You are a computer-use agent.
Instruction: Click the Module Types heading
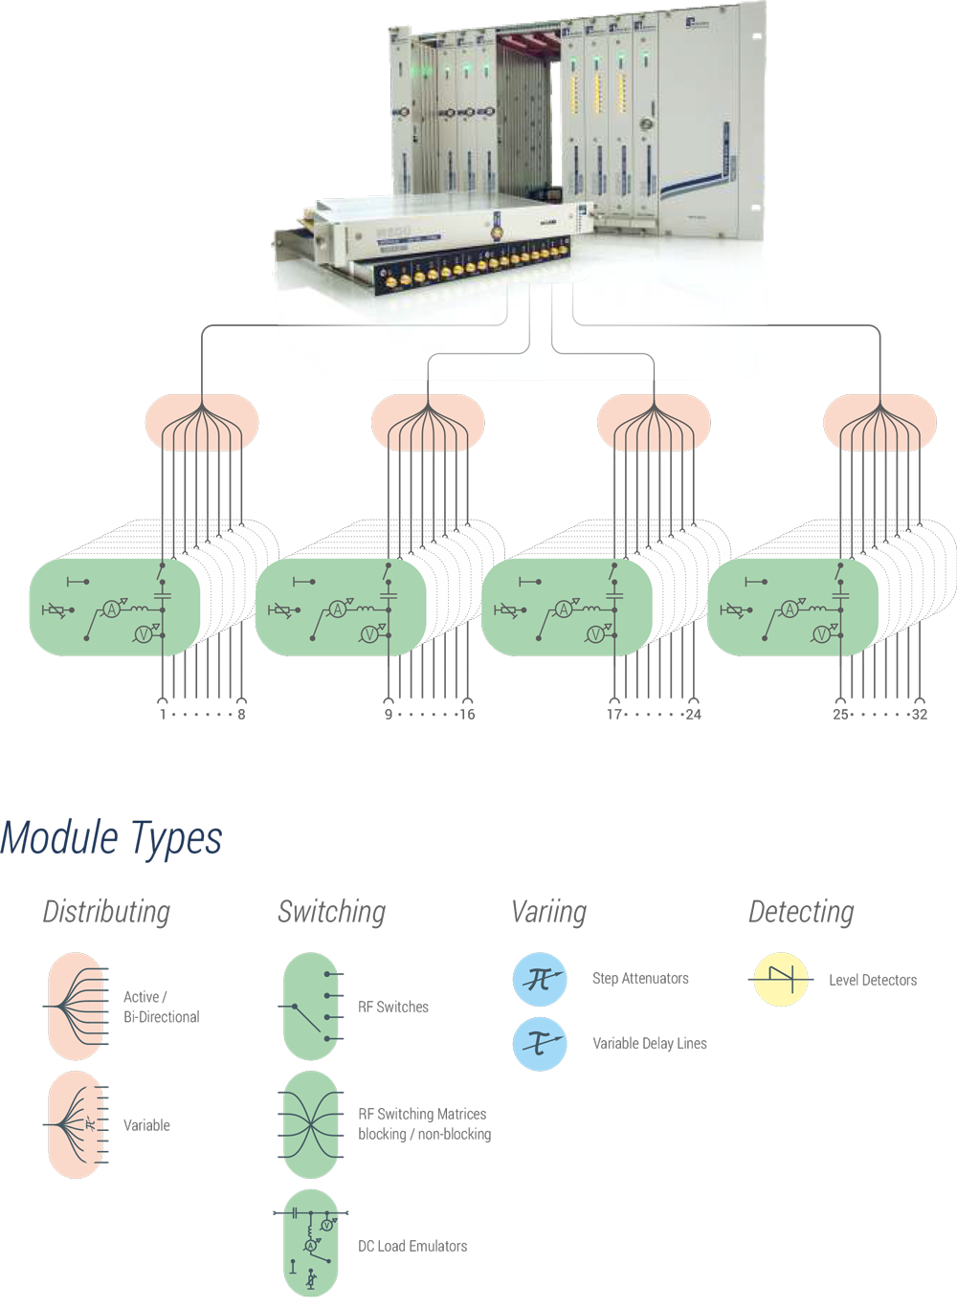click(112, 839)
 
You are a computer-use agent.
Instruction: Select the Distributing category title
click(106, 912)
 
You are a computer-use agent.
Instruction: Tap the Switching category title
click(331, 912)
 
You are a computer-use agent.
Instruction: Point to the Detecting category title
click(801, 912)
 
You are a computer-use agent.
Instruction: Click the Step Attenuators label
click(640, 979)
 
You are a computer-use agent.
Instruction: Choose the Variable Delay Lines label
click(649, 1044)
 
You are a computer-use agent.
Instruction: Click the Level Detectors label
click(872, 981)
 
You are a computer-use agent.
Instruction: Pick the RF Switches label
click(392, 1008)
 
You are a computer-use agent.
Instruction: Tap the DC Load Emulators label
click(412, 1247)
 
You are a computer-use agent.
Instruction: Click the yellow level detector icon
click(781, 980)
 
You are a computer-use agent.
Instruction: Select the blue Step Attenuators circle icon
click(540, 979)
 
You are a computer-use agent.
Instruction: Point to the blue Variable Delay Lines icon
click(540, 1044)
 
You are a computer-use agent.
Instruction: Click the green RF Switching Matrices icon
click(311, 1124)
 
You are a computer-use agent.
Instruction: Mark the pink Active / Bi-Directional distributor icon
click(77, 1007)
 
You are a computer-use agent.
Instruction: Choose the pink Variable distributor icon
click(77, 1124)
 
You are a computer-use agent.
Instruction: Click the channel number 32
click(919, 715)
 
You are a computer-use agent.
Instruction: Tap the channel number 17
click(613, 715)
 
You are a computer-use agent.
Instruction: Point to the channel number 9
click(389, 715)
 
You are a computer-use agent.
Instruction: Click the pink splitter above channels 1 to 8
click(202, 423)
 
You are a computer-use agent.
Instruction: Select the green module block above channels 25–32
click(792, 608)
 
